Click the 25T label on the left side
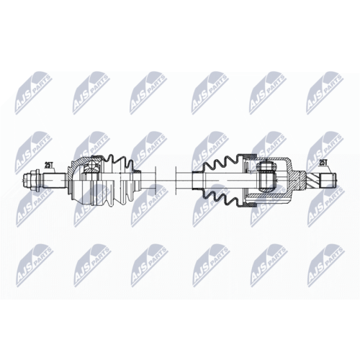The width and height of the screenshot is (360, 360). [x=49, y=165]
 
